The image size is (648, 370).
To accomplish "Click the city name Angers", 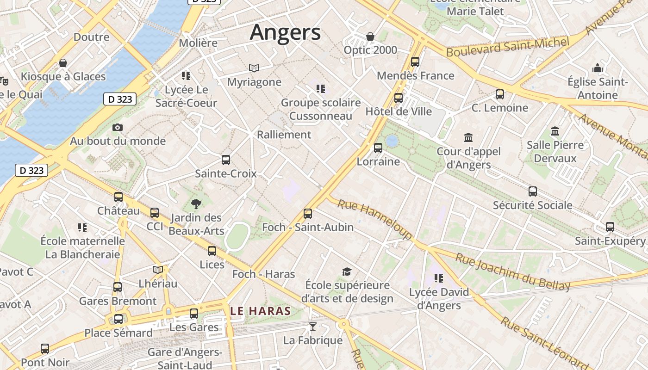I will tap(285, 32).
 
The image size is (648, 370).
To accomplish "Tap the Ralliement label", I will tap(284, 135).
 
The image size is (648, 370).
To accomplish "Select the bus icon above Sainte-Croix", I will tap(226, 160).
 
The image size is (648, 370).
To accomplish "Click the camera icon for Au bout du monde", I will tap(118, 127).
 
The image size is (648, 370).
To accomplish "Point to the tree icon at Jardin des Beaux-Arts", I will tap(196, 203).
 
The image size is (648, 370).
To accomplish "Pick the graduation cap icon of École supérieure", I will tap(347, 271).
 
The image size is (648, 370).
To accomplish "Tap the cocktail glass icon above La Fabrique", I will tap(313, 327).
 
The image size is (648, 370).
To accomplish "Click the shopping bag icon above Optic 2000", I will tap(370, 37).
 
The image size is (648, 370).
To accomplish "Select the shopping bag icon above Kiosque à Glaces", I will tap(63, 63).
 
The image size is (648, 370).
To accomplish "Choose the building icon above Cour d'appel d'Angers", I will tap(468, 138).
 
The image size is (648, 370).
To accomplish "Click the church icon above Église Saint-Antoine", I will tap(598, 68).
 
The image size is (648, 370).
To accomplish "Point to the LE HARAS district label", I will tap(261, 311).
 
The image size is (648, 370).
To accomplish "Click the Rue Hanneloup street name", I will tap(374, 219).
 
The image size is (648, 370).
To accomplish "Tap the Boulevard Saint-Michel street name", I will tap(507, 47).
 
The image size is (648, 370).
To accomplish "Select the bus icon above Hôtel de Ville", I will tap(399, 98).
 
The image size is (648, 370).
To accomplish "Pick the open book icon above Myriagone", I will tap(254, 68).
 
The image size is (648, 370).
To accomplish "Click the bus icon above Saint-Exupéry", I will tap(610, 227).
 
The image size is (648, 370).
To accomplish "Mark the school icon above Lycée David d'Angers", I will tap(438, 278).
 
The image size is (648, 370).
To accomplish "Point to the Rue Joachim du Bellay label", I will tap(513, 272).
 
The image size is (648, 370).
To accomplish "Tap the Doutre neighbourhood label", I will tap(92, 37).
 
